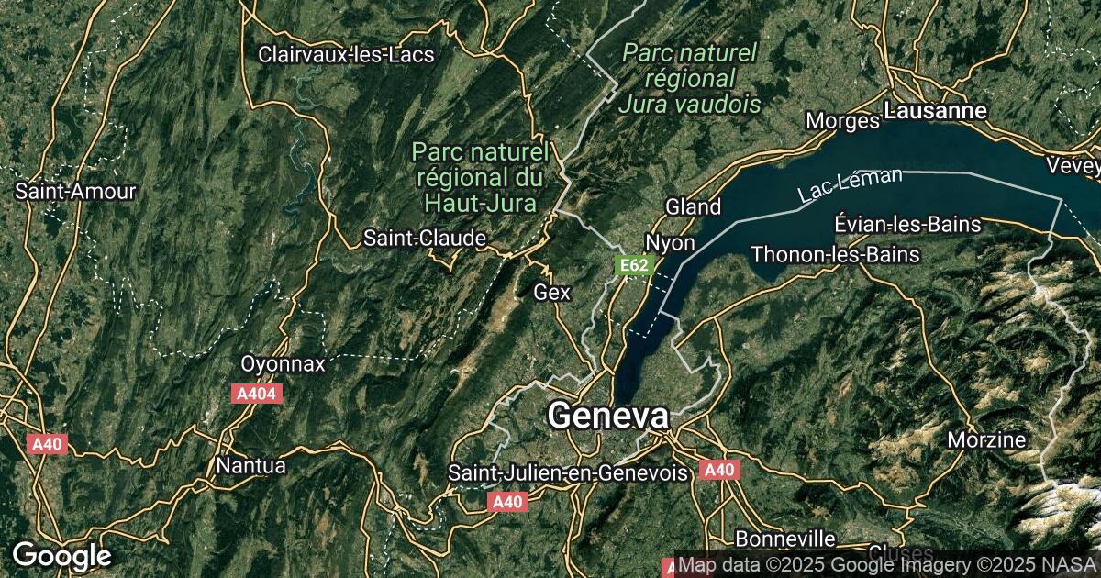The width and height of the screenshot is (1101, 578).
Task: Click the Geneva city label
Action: point(608,417)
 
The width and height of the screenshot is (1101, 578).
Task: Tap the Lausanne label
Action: point(935,111)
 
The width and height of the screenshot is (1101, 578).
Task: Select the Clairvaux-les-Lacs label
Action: point(346,54)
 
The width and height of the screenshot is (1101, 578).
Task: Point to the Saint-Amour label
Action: point(75,192)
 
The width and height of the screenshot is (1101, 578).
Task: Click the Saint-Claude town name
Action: point(425,239)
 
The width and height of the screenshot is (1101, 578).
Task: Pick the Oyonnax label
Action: point(283,364)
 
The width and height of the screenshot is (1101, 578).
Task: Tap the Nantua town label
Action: point(250,465)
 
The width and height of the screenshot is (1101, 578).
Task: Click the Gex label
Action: point(552,293)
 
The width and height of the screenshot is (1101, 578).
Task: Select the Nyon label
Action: point(670,243)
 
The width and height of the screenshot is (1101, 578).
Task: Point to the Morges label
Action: point(842,120)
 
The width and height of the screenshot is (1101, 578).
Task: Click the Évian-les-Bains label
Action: point(908,224)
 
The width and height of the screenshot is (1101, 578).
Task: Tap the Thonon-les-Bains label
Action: point(835,254)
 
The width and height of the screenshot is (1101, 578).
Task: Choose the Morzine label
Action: point(986,439)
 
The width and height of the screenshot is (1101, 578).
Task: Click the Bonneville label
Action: point(785,538)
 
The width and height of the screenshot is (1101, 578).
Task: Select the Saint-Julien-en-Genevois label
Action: point(568,473)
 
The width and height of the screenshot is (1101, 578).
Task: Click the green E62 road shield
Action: point(634,266)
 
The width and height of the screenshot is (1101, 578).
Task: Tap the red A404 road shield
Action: point(256,394)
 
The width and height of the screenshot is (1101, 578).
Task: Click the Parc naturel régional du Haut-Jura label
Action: point(480,175)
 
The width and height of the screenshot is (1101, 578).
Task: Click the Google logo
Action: point(61,556)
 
